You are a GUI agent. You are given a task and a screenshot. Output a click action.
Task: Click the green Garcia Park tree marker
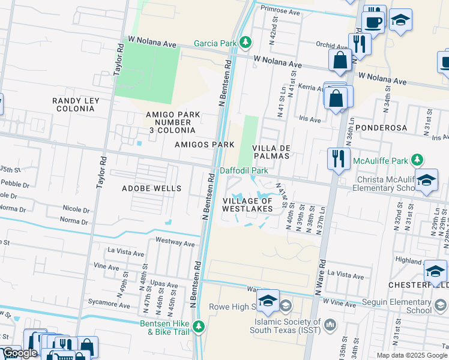point(245,43)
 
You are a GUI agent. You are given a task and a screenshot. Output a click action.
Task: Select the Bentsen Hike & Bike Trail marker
point(199,327)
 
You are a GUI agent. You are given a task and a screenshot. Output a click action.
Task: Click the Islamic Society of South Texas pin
point(330,325)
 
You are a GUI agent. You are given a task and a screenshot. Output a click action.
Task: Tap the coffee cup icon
point(373,22)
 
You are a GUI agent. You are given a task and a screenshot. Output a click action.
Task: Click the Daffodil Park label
point(244,170)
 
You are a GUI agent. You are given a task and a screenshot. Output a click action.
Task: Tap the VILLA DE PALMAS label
point(271,151)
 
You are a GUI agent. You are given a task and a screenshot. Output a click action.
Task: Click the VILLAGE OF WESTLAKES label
point(247,205)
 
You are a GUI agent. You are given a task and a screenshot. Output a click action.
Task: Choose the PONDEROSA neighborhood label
point(381,128)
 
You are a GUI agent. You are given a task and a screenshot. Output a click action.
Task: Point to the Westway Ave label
point(175,244)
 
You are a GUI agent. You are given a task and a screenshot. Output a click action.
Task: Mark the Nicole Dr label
point(76,209)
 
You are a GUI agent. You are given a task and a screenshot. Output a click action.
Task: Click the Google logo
point(20,353)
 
